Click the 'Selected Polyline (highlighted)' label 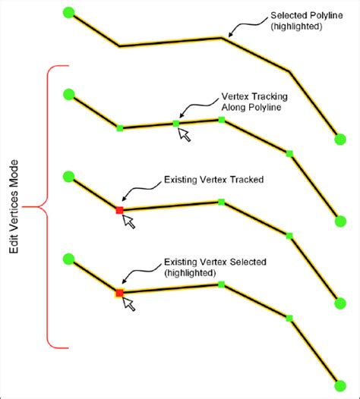pyautogui.click(x=307, y=20)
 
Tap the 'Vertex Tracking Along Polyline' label pyautogui.click(x=254, y=102)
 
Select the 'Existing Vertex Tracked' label pyautogui.click(x=213, y=180)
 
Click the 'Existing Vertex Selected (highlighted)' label pyautogui.click(x=215, y=267)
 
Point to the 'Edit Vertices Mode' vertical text pyautogui.click(x=14, y=206)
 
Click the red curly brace pyautogui.click(x=47, y=206)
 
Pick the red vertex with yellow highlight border pyautogui.click(x=119, y=293)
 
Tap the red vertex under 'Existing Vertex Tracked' pyautogui.click(x=119, y=210)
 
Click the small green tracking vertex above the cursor pyautogui.click(x=176, y=124)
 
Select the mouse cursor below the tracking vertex pyautogui.click(x=185, y=134)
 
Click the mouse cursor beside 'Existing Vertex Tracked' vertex pyautogui.click(x=128, y=221)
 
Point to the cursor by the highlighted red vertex pyautogui.click(x=128, y=304)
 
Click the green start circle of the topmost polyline pyautogui.click(x=69, y=12)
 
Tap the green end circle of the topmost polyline pyautogui.click(x=340, y=139)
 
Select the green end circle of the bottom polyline pyautogui.click(x=340, y=386)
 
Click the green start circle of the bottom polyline pyautogui.click(x=69, y=259)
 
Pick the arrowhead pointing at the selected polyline pyautogui.click(x=231, y=34)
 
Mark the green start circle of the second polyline pyautogui.click(x=69, y=94)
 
